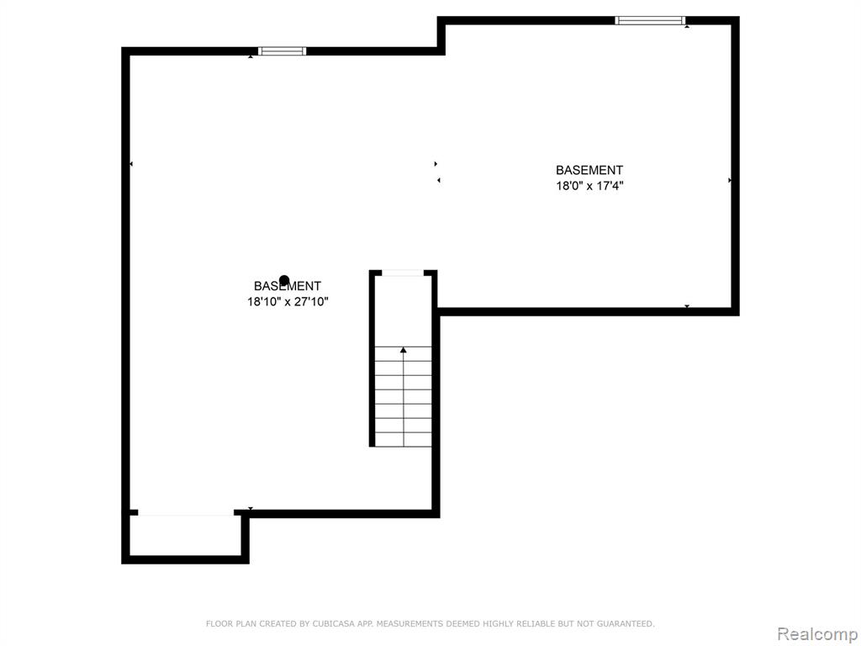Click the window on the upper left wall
coord(283,51)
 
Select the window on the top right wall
coord(650,21)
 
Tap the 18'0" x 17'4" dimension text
coord(589,186)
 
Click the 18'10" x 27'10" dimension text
coord(288,302)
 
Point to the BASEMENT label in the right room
coord(589,170)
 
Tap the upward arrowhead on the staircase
coord(404,350)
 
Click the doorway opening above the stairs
coord(403,273)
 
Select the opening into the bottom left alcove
coord(186,513)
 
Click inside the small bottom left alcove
coord(186,536)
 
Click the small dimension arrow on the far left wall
coord(131,164)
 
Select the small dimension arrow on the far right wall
coord(730,180)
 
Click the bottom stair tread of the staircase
coord(404,439)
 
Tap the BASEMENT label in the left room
coord(288,286)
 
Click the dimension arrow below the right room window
coord(687,26)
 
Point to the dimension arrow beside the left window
coord(251,56)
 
